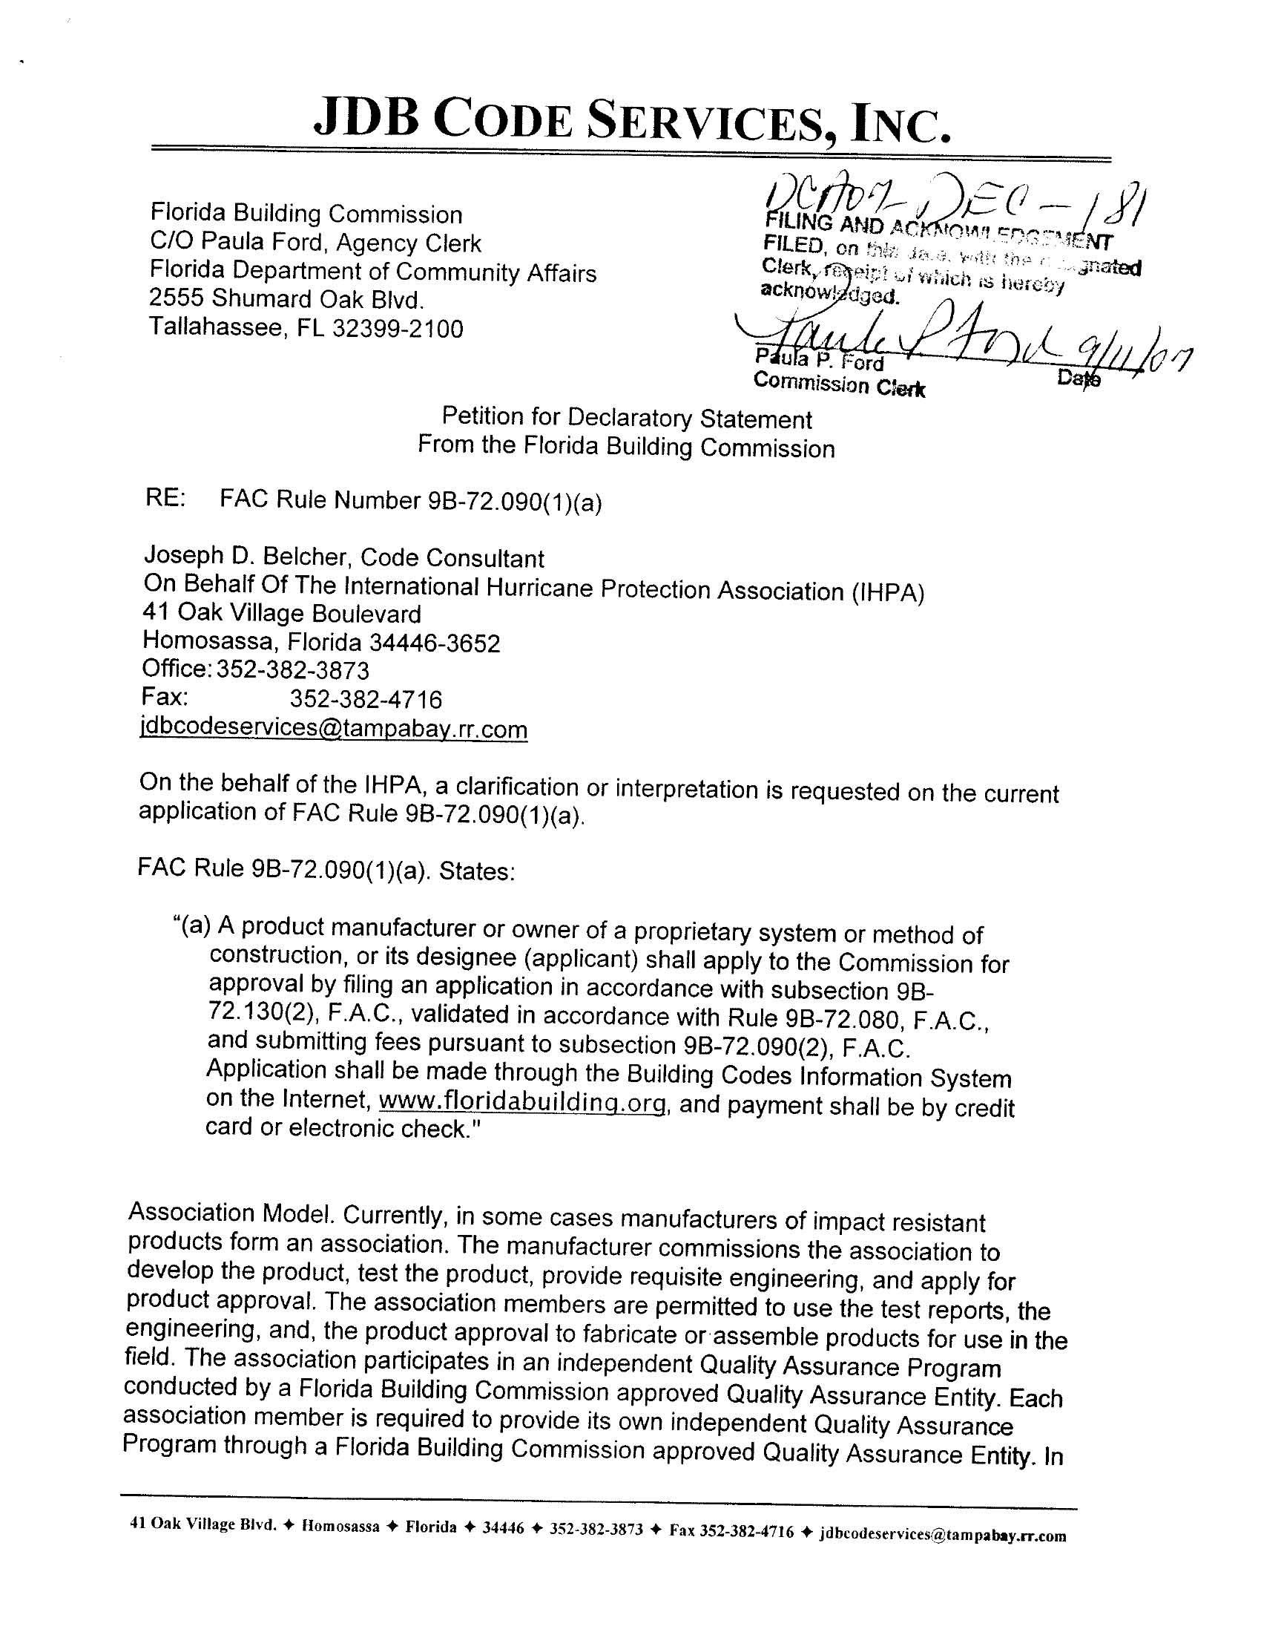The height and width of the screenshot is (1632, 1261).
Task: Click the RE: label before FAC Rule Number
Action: [165, 499]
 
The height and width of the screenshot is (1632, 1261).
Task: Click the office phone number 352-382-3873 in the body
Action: [293, 670]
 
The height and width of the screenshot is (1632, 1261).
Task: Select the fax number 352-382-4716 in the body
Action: [365, 698]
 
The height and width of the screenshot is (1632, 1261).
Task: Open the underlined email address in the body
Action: [334, 729]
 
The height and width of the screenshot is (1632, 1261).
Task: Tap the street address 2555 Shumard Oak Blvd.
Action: [287, 299]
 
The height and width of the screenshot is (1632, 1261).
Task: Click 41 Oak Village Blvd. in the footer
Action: [203, 1524]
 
